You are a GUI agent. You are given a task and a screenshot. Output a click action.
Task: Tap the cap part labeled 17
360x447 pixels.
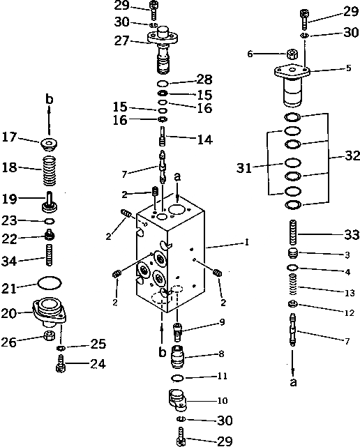[49, 144]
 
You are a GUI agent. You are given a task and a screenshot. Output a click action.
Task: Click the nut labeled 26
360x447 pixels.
[50, 337]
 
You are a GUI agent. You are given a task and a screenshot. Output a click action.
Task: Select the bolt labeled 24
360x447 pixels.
[60, 363]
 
